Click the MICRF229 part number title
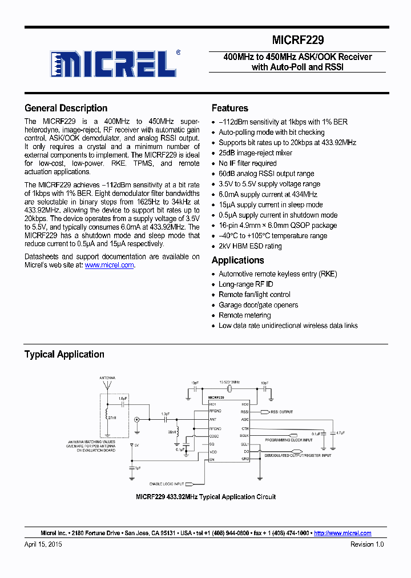(x=297, y=41)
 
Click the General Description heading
(x=66, y=108)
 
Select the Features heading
(x=229, y=108)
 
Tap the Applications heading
(x=237, y=260)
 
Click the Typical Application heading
(x=64, y=354)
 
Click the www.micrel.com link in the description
(x=109, y=265)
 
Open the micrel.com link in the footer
(x=342, y=533)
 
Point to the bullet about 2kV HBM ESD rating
(x=250, y=246)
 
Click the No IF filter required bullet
(x=248, y=163)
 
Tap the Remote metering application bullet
(x=244, y=315)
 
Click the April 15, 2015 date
(x=43, y=545)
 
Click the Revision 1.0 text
(x=366, y=545)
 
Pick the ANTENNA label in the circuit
(x=107, y=378)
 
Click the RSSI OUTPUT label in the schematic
(x=281, y=412)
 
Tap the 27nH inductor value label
(x=113, y=418)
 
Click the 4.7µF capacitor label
(x=340, y=433)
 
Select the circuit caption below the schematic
(x=205, y=497)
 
